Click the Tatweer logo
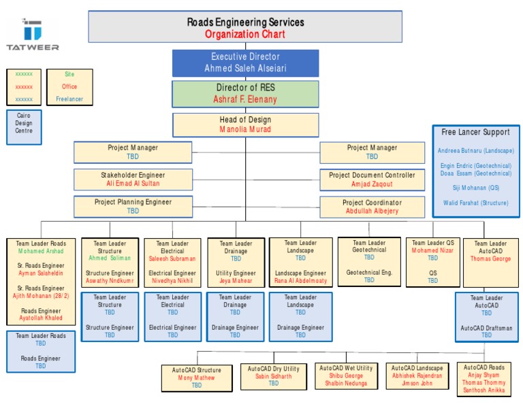[x=32, y=34]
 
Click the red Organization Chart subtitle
[x=245, y=34]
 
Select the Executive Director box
[x=245, y=63]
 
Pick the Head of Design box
[x=245, y=124]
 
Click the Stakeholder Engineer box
[x=133, y=180]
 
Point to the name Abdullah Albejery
[x=372, y=212]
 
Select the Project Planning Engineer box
[x=133, y=206]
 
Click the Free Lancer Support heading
[x=475, y=132]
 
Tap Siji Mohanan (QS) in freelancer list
[x=475, y=187]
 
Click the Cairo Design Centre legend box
[x=24, y=123]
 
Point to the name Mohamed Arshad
[x=41, y=251]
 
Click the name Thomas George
[x=490, y=259]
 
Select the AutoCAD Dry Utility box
[x=273, y=376]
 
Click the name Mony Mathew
[x=196, y=378]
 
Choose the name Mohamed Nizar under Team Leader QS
[x=432, y=250]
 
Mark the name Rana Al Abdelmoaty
[x=300, y=280]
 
